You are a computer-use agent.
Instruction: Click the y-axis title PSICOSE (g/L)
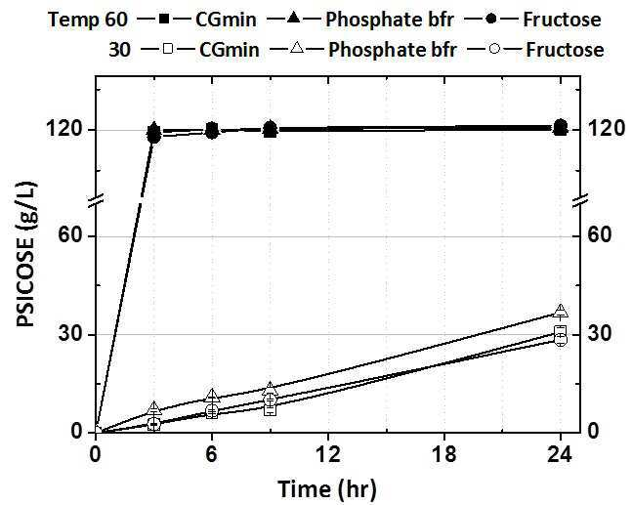[27, 255]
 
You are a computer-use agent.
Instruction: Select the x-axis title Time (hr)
[327, 489]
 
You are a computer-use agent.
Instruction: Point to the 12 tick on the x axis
[327, 455]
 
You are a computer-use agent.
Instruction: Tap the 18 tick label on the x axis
[443, 455]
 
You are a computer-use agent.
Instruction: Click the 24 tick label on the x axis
[560, 455]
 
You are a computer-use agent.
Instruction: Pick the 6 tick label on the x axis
[212, 455]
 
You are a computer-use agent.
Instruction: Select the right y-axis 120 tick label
[607, 129]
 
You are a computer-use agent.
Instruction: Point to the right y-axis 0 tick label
[593, 432]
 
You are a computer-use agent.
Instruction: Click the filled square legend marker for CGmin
[164, 19]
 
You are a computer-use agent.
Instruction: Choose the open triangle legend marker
[298, 49]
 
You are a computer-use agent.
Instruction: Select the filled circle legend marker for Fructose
[491, 19]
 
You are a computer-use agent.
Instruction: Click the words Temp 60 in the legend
[88, 20]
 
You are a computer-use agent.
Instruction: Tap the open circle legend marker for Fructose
[494, 49]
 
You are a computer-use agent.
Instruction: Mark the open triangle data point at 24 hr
[561, 311]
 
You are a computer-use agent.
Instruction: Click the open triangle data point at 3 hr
[154, 408]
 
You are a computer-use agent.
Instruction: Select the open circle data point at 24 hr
[561, 340]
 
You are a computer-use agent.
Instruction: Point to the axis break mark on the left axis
[96, 200]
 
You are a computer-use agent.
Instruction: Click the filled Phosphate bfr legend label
[390, 20]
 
